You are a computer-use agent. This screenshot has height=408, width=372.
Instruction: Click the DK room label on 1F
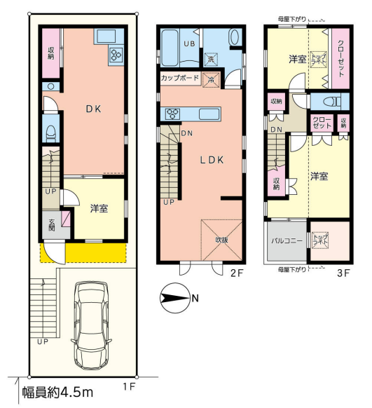[94, 109]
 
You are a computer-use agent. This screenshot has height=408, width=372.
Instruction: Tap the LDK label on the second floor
[212, 160]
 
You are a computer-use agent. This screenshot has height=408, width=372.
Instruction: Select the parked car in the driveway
[91, 325]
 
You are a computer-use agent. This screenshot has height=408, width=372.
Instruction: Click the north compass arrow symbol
[174, 298]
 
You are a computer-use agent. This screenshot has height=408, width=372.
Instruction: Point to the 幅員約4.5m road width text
[57, 393]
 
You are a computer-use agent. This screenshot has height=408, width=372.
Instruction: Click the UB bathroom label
[190, 43]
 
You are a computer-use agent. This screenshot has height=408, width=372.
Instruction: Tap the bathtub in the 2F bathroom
[170, 48]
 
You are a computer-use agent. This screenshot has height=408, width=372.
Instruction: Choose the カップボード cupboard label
[180, 78]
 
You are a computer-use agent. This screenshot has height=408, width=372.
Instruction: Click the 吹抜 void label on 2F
[222, 240]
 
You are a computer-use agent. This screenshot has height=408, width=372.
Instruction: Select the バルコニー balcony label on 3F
[287, 240]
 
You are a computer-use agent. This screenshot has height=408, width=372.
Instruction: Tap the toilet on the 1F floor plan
[51, 133]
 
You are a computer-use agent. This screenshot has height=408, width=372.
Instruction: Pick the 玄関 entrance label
[52, 225]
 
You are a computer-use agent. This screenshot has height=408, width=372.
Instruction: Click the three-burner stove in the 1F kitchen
[116, 55]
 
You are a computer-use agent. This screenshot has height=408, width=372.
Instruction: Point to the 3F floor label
[344, 273]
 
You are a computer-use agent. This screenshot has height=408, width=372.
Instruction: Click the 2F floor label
[237, 273]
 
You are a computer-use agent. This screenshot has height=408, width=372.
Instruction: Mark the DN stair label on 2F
[187, 133]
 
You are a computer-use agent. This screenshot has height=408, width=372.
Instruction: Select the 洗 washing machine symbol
[211, 59]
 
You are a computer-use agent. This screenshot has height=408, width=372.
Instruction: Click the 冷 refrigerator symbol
[211, 80]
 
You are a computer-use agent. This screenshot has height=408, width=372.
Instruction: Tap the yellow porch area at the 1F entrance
[96, 252]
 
